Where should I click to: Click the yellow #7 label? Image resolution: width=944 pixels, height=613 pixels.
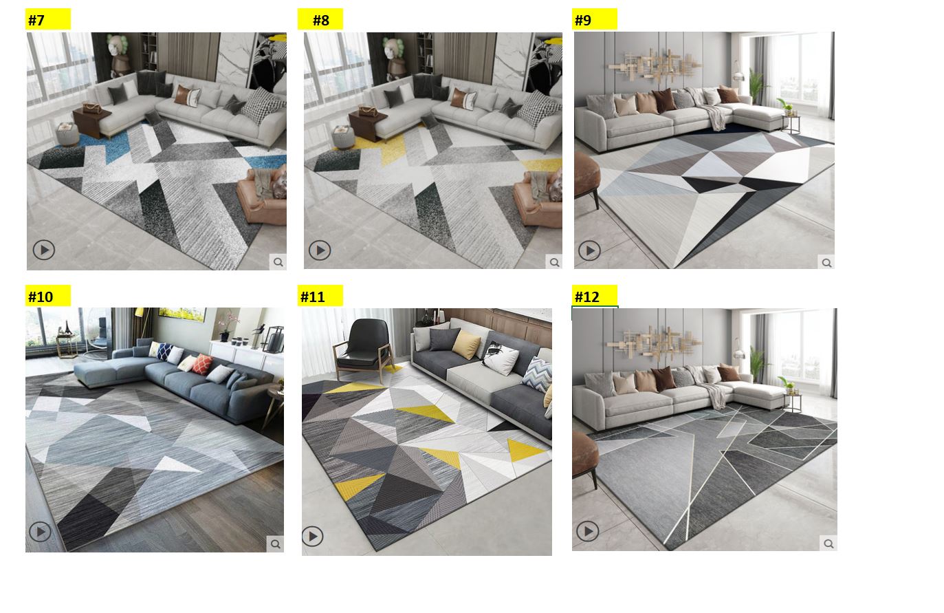48,19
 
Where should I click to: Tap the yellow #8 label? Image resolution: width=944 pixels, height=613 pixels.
320,19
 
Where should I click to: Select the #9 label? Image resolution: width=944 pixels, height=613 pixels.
594,19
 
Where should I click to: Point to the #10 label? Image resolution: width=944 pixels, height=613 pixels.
48,296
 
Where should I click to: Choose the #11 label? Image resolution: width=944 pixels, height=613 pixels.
320,296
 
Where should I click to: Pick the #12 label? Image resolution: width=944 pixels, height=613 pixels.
594,296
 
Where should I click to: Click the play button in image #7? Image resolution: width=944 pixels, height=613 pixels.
44,250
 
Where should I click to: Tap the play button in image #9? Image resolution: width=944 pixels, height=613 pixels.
589,251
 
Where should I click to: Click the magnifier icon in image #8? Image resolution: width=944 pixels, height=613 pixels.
554,262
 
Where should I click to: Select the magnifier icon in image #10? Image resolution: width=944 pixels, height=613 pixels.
275,544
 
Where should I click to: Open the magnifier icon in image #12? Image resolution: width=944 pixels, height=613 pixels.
828,544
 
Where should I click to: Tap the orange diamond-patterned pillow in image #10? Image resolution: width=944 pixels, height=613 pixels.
203,364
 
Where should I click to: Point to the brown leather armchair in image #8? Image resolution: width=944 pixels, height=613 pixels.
538,199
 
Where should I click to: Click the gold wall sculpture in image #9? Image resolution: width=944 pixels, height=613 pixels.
655,65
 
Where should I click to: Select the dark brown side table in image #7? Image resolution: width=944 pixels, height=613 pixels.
91,122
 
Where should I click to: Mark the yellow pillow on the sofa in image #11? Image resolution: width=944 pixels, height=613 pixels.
466,344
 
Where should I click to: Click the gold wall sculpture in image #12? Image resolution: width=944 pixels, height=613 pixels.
654,341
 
